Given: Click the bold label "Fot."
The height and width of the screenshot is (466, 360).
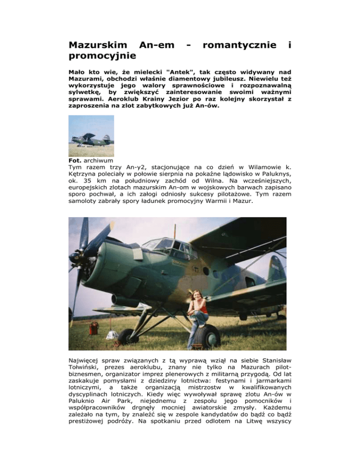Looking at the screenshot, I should coord(75,160).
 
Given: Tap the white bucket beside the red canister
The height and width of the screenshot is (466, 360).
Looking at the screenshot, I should coord(112,335).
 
